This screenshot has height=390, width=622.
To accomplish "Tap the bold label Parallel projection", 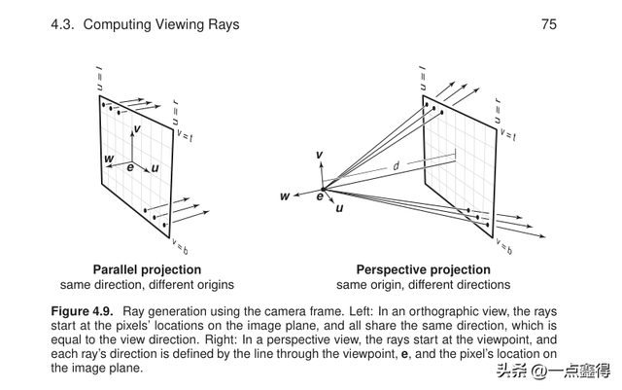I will (x=147, y=269).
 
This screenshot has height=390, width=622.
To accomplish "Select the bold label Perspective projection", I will (x=423, y=269).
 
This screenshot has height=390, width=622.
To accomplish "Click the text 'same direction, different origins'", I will (x=147, y=285).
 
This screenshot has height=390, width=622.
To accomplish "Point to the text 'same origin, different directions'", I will (x=423, y=285).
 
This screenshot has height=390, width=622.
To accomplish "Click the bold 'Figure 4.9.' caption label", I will (x=83, y=310).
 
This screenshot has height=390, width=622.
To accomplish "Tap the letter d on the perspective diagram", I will (x=396, y=166).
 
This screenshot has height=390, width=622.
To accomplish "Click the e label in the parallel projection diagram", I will (x=130, y=167).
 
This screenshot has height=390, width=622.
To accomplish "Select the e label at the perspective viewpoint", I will (x=318, y=197).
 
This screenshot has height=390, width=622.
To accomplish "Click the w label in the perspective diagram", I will (x=285, y=196).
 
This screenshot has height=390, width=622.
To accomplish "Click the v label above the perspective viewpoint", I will (x=319, y=156).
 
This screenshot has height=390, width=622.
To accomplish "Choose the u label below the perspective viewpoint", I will (x=338, y=208).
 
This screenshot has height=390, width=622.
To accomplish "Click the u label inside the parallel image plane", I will (x=155, y=168).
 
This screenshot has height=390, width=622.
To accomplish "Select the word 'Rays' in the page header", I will (x=223, y=24).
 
